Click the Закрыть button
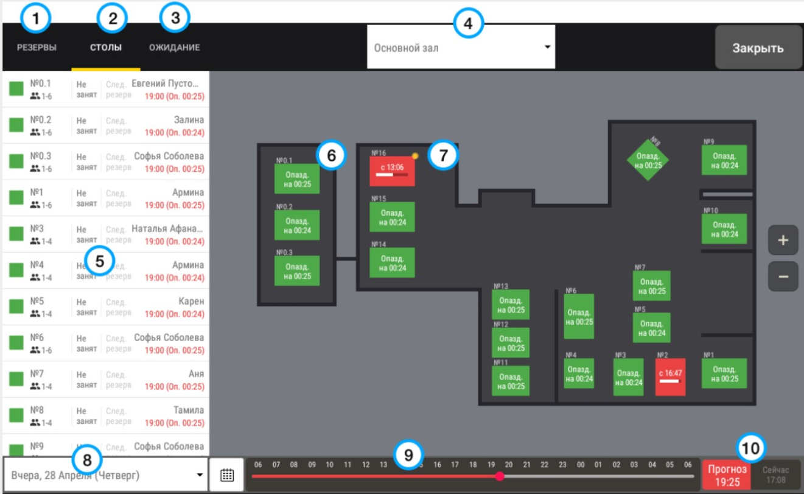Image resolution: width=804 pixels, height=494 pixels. pos(758,48)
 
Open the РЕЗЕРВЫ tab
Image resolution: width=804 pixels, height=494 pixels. pos(37,47)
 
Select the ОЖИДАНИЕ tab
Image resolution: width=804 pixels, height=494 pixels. pos(175,47)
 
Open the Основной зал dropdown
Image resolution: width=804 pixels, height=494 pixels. pos(461,47)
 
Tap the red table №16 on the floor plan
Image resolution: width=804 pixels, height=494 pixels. pos(392,171)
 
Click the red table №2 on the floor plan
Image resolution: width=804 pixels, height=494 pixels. pos(670,377)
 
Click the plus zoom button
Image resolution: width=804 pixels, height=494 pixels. pos(783,241)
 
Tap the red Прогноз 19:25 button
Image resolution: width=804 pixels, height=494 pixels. pos(726,476)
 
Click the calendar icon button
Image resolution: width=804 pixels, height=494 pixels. pos(227,475)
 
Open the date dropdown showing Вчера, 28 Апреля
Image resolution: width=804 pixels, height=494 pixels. pos(106,475)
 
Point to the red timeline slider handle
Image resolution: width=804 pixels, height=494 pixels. pos(500,476)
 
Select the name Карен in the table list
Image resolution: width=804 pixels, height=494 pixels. pos(191,302)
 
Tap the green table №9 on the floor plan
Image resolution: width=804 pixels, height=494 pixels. pos(724,160)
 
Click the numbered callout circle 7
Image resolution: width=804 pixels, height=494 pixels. pos(443,155)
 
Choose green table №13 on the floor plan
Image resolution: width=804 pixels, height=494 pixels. pos(510,305)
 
